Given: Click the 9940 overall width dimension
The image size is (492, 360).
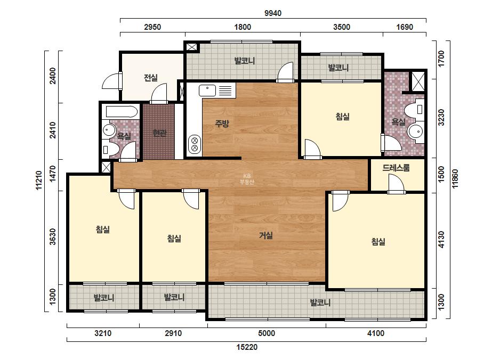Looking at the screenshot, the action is pos(273,13).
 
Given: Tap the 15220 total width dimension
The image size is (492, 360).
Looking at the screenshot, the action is pos(247,347).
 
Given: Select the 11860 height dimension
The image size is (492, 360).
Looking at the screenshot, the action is pos(455,179).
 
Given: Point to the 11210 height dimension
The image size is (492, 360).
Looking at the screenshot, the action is pos(38,180).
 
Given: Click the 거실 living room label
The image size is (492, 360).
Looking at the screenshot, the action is pos(265,235).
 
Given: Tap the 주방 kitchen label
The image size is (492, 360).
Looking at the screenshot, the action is pos(222,123).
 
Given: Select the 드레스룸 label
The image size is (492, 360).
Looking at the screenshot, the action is pos(396,168).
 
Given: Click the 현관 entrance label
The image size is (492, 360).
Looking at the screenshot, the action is pos(159,133).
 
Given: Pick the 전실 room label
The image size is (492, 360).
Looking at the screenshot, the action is pos(151,77).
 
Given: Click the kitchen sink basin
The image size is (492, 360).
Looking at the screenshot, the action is pos(207,91).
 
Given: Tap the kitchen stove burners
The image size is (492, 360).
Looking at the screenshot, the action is pos(194,144).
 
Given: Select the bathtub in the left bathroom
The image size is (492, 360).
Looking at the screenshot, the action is pos(122,112).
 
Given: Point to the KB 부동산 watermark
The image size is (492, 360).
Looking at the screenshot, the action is pos(247,179).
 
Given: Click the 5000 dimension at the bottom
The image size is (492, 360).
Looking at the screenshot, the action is pos(267,333).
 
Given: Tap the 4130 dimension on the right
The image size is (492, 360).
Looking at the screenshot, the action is pos(441,240).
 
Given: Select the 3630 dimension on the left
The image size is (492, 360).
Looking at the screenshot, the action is pos(53,237).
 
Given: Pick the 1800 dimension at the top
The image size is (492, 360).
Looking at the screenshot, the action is pos(243,27).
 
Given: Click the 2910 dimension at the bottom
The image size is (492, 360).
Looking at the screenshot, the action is pos(173,333).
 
